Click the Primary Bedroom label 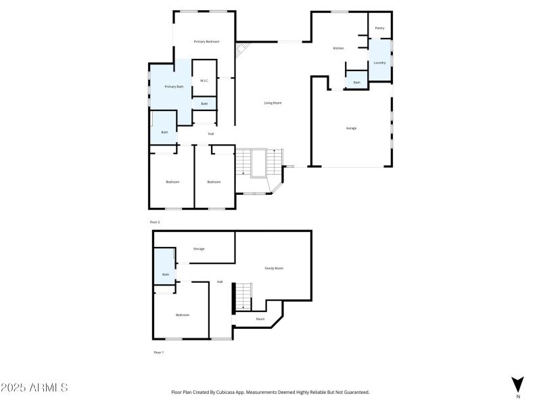point(206,42)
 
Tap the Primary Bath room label point(174,87)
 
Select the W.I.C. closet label point(204,81)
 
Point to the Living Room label point(273,103)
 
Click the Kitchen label point(339,49)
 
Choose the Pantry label point(379,28)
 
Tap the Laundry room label point(379,63)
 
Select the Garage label point(351,128)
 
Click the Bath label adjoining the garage point(356,83)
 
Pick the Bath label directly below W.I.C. point(204,104)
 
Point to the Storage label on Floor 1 point(199,249)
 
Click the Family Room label point(274,269)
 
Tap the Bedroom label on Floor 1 point(183,315)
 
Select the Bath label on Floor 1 point(165,274)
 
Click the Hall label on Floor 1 point(220,282)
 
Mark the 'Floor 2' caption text point(155,222)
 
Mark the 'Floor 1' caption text point(158,353)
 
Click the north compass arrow point(517,384)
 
